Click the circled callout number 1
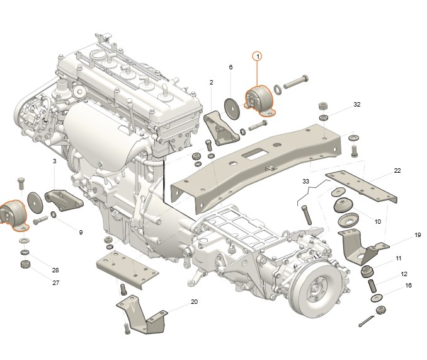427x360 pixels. coord(258,56)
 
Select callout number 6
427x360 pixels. coord(231,67)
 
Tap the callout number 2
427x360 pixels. coord(212,82)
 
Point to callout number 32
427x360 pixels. coord(356,105)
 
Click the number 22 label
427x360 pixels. coord(397,171)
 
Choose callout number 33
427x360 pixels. coord(305,181)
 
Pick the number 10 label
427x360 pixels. coord(378,221)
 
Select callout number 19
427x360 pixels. coord(418,235)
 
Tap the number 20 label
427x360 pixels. coord(194,301)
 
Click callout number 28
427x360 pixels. coord(55,270)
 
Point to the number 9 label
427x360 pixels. coord(81,233)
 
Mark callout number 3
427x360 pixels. coord(54,161)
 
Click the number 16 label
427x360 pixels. coord(408,286)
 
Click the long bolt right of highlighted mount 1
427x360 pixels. coord(296,81)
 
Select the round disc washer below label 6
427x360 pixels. coord(232,108)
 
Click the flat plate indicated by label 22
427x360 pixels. coord(362,187)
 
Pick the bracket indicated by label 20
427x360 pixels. coord(142,315)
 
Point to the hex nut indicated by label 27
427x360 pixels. coord(25,264)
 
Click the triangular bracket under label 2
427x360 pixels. coord(222,128)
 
